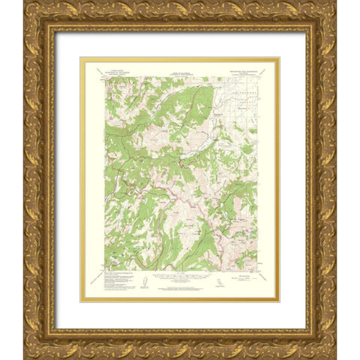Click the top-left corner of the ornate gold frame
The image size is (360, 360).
[x=25, y=2]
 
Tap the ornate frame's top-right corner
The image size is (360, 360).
[x=335, y=2]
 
